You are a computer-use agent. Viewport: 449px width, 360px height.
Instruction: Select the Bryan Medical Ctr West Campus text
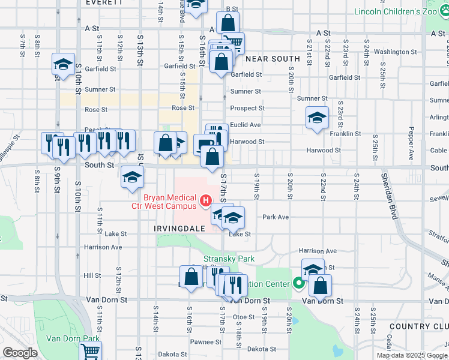pyautogui.click(x=163, y=202)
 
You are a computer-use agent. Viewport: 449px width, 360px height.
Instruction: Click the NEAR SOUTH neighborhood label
pyautogui.click(x=273, y=59)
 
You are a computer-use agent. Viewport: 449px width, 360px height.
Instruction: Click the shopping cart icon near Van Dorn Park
pyautogui.click(x=91, y=352)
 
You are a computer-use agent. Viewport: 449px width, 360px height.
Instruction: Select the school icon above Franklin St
pyautogui.click(x=317, y=117)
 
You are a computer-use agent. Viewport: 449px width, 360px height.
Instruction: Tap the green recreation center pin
pyautogui.click(x=299, y=283)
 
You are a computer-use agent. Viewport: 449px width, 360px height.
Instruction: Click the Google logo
pyautogui.click(x=19, y=353)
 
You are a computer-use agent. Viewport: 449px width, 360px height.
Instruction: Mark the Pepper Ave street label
pyautogui.click(x=412, y=143)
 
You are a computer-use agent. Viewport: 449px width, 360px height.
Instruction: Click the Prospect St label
pyautogui.click(x=248, y=109)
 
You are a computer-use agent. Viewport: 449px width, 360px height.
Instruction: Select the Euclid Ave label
pyautogui.click(x=246, y=125)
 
